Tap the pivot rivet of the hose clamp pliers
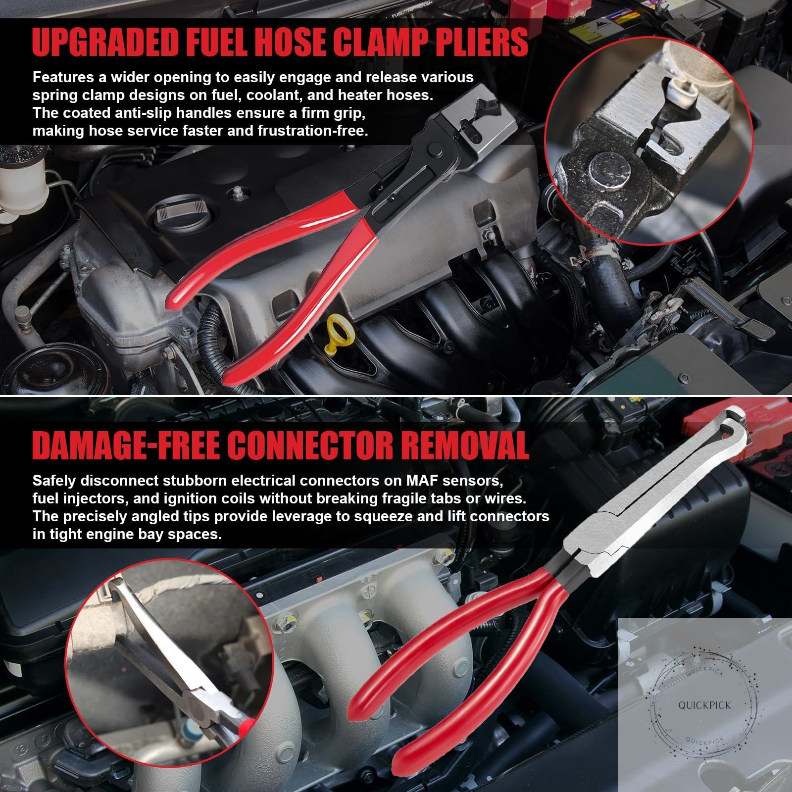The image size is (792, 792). point(436,148)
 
